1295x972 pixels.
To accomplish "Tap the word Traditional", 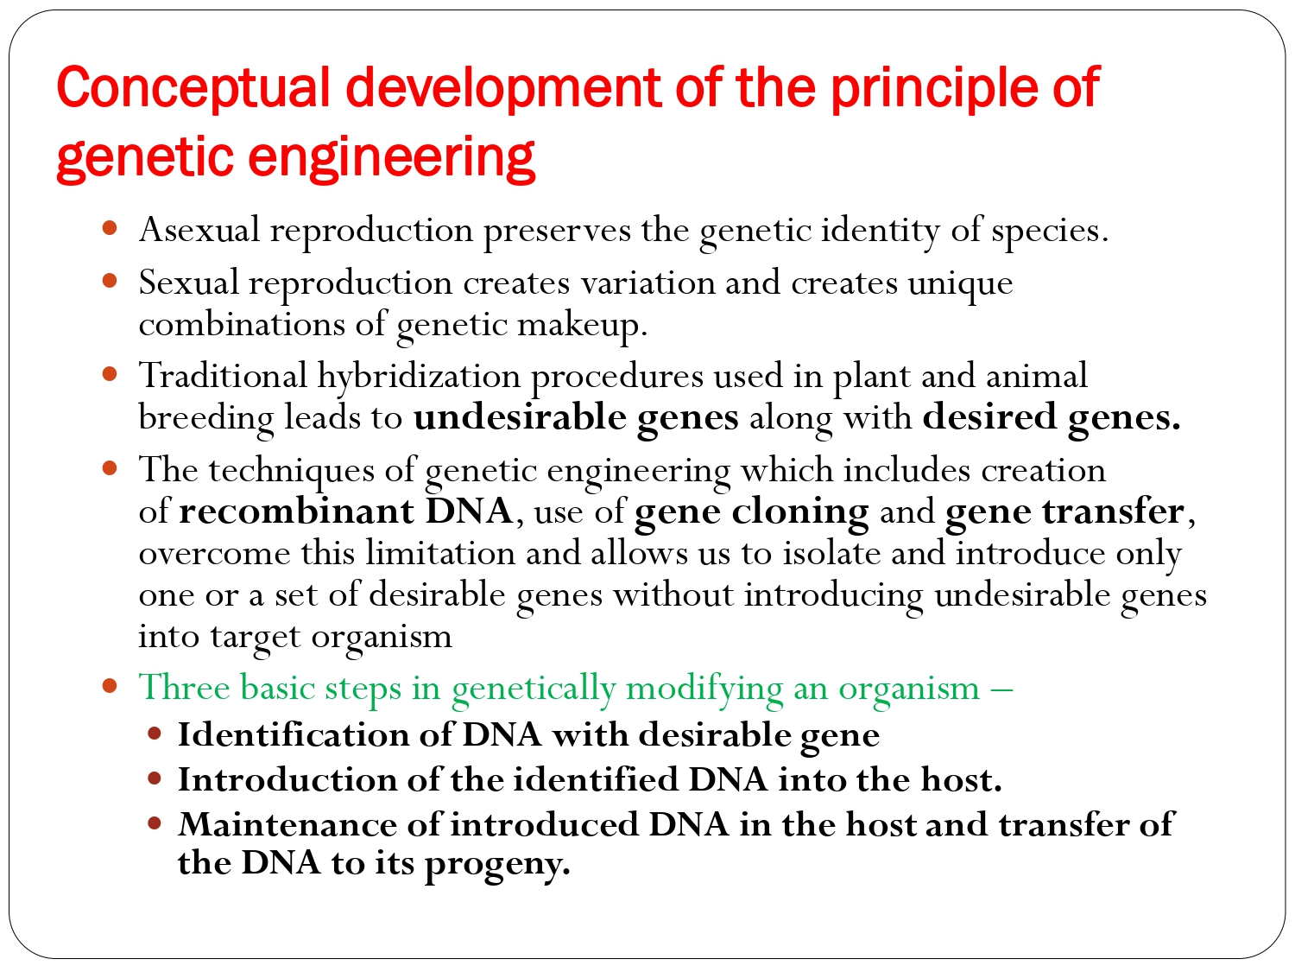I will tap(223, 376).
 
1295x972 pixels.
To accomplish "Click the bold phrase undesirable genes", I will tap(576, 418).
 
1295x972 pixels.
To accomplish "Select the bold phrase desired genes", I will tap(1051, 418).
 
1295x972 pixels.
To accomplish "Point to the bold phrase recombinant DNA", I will tap(345, 511).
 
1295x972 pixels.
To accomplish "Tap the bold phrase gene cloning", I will tap(751, 512).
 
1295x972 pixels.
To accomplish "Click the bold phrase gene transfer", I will tap(1064, 512).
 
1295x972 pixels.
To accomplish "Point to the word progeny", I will tap(496, 864).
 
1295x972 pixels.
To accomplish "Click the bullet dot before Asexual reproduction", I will tap(110, 229).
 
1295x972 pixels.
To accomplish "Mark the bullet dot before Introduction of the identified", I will tap(155, 779).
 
